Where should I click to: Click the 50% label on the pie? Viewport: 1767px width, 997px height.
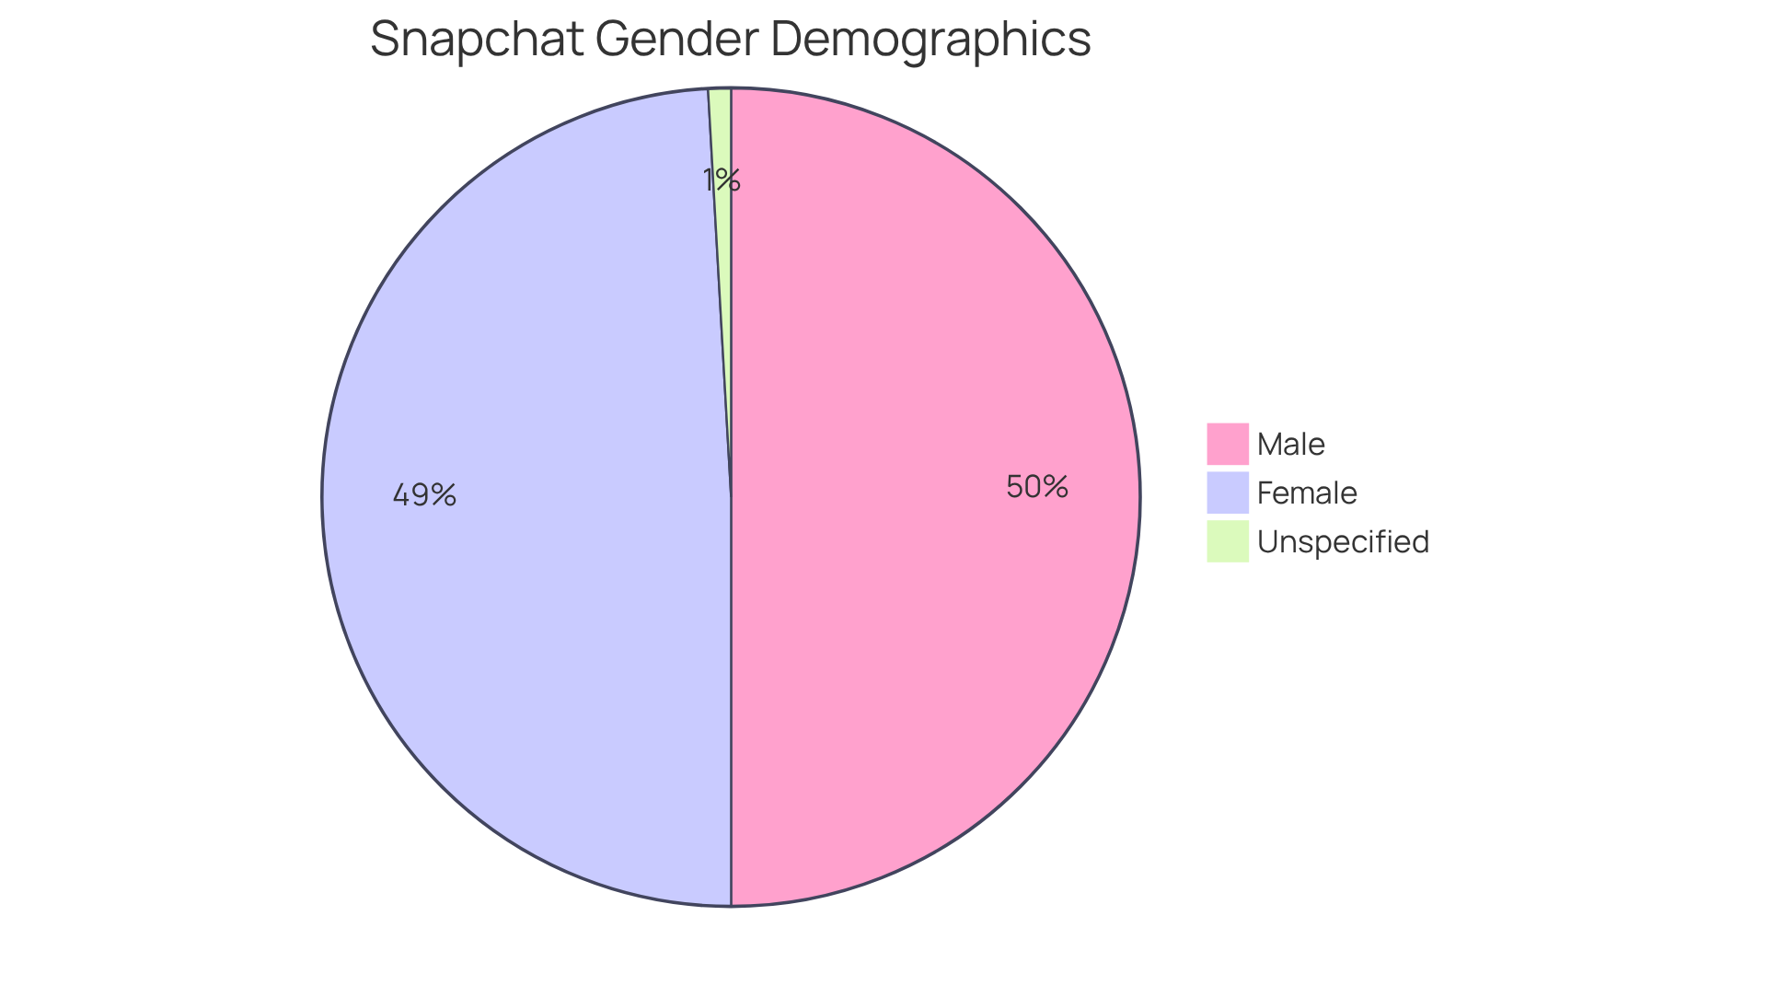point(1037,487)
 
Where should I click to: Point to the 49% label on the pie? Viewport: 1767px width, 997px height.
point(424,495)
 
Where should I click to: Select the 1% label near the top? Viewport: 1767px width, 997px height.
point(722,180)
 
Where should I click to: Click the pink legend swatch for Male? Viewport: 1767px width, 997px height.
point(1228,444)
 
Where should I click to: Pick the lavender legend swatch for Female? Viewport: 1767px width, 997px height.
point(1228,493)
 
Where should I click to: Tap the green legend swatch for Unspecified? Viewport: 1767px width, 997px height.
point(1228,541)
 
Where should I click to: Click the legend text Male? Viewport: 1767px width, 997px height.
point(1290,445)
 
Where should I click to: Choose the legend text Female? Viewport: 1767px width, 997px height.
point(1307,493)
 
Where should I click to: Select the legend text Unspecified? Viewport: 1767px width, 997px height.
point(1343,542)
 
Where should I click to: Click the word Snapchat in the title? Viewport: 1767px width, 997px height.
point(477,41)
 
